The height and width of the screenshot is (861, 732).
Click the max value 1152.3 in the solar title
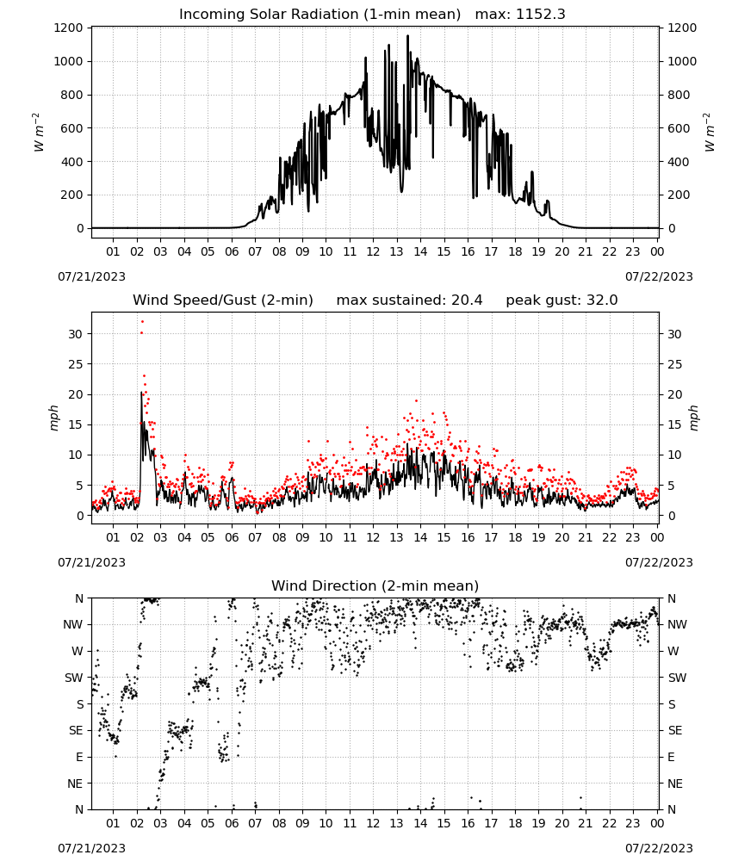click(540, 15)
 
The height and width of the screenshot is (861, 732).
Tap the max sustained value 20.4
click(467, 300)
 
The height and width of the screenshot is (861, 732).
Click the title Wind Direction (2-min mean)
click(375, 585)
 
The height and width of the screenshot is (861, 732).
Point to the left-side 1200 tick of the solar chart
click(68, 28)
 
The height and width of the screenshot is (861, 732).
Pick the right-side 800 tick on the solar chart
click(679, 95)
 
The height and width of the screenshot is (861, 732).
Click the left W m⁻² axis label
click(39, 133)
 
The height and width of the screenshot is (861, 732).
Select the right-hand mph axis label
click(693, 418)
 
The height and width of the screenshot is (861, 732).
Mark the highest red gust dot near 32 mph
click(142, 322)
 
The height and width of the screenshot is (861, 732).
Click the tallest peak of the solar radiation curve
click(407, 35)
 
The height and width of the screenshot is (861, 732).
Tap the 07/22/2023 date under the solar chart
click(659, 276)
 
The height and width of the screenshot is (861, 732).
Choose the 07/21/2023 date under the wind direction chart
click(91, 848)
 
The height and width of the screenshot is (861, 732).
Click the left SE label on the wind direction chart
click(76, 730)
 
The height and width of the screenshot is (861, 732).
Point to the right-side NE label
click(675, 784)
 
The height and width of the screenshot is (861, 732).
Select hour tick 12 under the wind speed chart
click(373, 537)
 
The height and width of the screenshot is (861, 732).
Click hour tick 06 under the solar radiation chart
click(232, 251)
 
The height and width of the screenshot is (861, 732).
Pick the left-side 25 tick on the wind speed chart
click(76, 364)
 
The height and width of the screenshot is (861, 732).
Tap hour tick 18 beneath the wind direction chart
click(515, 823)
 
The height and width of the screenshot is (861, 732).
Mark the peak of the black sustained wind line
click(141, 392)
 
